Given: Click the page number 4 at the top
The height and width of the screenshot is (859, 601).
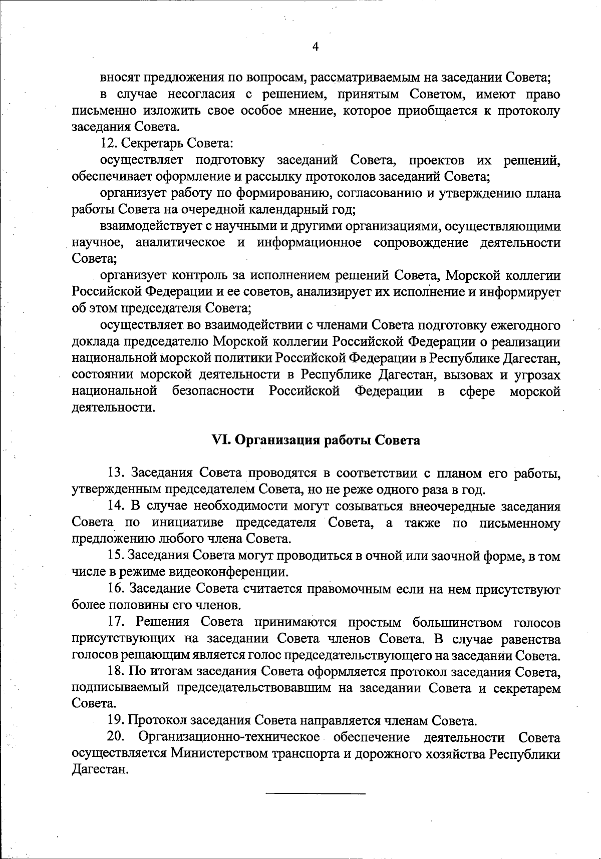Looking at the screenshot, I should [316, 47].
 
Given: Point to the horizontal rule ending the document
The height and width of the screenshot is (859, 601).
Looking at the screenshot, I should [316, 793].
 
